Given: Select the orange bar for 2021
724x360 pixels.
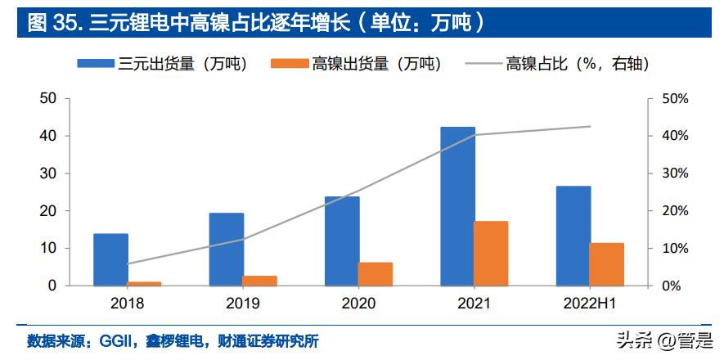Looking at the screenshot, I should pyautogui.click(x=491, y=254).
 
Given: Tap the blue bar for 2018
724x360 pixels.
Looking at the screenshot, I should pyautogui.click(x=110, y=259).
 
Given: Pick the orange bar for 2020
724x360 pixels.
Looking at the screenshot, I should pyautogui.click(x=375, y=274).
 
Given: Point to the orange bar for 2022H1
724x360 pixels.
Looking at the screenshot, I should pyautogui.click(x=607, y=264).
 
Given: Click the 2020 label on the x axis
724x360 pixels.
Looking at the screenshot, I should pyautogui.click(x=358, y=304).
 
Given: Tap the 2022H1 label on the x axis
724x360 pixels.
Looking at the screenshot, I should pyautogui.click(x=590, y=304).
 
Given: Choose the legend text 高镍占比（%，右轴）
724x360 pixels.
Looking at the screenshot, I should pyautogui.click(x=577, y=64).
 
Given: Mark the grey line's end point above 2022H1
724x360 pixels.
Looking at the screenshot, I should pyautogui.click(x=590, y=126).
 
